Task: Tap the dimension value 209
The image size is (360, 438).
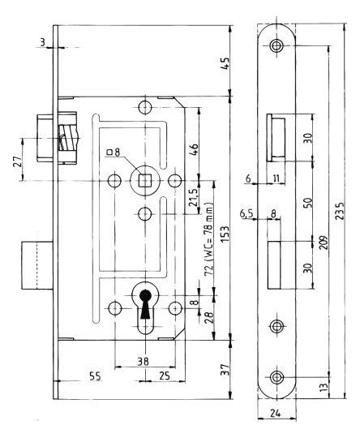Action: click(324, 243)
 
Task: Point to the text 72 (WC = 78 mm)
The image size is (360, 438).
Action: click(209, 238)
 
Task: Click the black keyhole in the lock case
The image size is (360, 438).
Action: click(145, 304)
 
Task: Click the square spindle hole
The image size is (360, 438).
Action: click(144, 180)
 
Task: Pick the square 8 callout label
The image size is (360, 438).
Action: click(114, 152)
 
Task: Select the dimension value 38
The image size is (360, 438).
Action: click(143, 361)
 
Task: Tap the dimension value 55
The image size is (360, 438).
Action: click(95, 376)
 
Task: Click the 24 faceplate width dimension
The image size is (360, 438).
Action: click(276, 413)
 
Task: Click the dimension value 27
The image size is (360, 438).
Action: click(17, 161)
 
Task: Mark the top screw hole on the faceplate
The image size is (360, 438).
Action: click(276, 45)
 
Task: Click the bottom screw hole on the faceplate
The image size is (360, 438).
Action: click(276, 377)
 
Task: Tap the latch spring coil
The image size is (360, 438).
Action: click(67, 138)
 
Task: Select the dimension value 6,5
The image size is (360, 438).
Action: click(246, 214)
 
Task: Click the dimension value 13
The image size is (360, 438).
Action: click(324, 387)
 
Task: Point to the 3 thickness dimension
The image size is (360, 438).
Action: click(42, 42)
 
